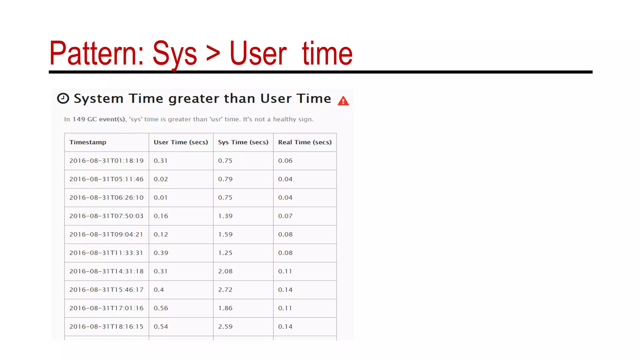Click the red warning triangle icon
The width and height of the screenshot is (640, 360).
(x=343, y=101)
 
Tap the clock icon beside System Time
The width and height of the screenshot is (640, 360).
(x=63, y=98)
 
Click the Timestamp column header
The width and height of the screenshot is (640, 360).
(x=88, y=142)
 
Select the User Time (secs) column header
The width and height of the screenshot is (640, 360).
(x=181, y=142)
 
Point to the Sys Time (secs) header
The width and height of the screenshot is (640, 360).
(x=243, y=142)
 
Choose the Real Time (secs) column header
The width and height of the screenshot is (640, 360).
(x=305, y=142)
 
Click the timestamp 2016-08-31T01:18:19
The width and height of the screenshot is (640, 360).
(x=106, y=161)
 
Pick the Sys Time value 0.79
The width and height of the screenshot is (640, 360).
(x=225, y=179)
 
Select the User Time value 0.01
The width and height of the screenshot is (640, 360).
(x=161, y=197)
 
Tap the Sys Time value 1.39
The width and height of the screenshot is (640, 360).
(x=225, y=216)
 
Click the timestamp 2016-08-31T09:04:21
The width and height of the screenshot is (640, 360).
(x=106, y=234)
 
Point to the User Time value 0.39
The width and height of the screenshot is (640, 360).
(x=161, y=253)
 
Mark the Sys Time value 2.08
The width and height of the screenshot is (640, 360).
(x=225, y=271)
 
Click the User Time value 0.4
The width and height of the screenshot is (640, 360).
(x=159, y=290)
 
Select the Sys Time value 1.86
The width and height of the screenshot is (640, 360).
(x=225, y=308)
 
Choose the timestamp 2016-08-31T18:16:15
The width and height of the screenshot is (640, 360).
(x=106, y=327)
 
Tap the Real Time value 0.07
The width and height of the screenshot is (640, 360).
(x=285, y=216)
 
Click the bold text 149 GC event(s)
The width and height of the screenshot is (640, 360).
(x=99, y=119)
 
